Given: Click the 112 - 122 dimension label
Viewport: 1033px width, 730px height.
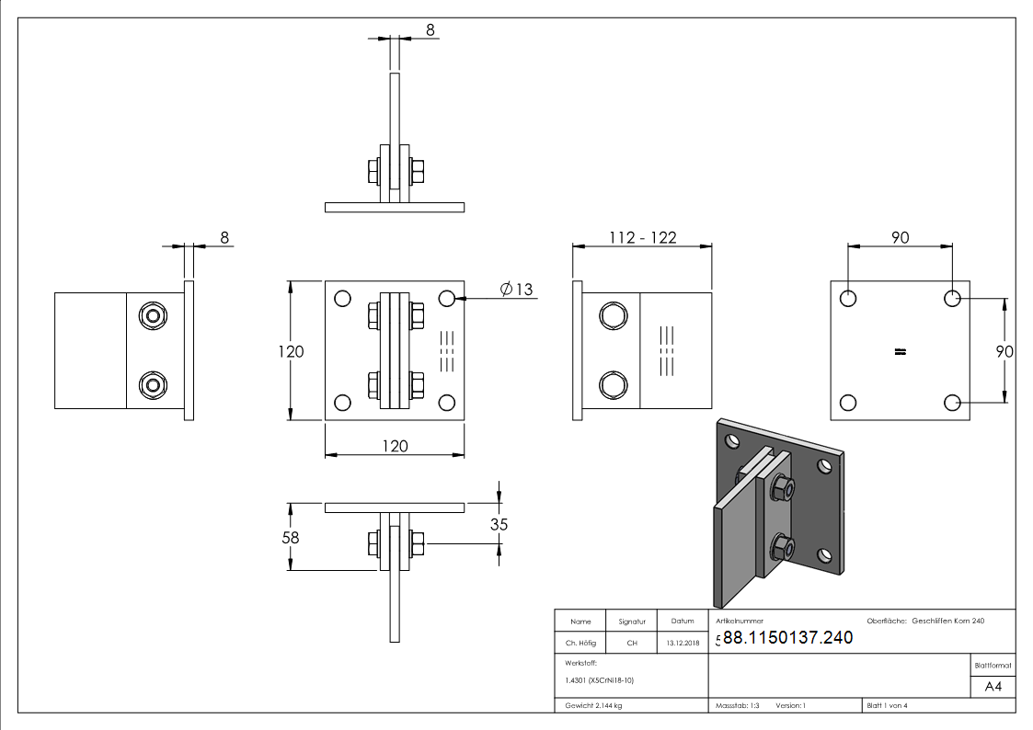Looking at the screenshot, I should (642, 237).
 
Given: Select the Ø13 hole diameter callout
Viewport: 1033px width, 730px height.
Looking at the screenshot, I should (517, 290).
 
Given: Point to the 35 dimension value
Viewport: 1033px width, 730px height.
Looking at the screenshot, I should (499, 525).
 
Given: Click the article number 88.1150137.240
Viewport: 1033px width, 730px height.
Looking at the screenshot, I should (787, 637).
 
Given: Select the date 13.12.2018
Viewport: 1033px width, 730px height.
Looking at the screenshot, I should (683, 643).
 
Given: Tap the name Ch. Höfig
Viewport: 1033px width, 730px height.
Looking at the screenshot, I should (580, 643).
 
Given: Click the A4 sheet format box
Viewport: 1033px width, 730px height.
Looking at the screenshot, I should (993, 687).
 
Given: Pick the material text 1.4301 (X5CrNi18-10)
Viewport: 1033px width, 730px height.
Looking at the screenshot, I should (600, 680).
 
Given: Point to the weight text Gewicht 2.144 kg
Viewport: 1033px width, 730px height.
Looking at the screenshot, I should (593, 705).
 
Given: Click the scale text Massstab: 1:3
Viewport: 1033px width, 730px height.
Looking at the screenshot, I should (738, 705).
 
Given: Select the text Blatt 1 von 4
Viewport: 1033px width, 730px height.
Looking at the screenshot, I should (887, 705).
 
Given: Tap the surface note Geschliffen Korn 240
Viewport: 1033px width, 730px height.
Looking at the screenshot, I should (947, 622).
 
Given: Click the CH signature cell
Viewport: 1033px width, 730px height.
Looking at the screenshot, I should (632, 643).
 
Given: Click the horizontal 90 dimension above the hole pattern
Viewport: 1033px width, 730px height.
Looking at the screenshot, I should (900, 237).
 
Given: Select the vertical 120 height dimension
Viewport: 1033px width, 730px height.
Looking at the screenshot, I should (291, 350).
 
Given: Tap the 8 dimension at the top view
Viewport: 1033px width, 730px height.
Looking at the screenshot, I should (430, 29).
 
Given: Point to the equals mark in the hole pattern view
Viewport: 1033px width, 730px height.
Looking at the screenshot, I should (901, 350).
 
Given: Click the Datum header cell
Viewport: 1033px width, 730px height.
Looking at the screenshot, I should (683, 622).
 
